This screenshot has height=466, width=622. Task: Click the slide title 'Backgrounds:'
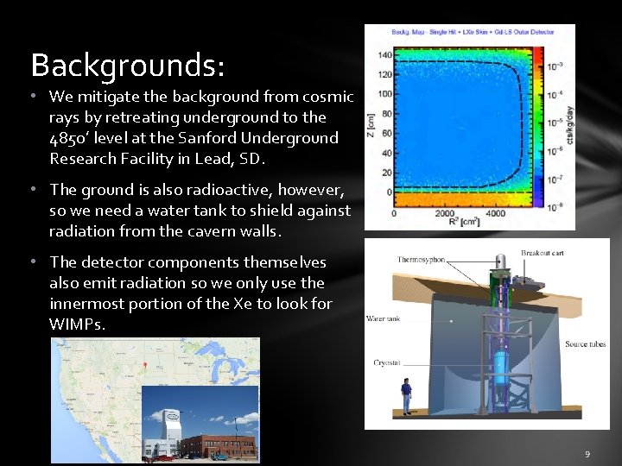[x=128, y=65]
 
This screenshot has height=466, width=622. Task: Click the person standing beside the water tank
[x=405, y=397]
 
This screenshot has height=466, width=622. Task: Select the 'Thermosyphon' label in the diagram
[x=421, y=260]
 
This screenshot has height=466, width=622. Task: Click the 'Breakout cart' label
[x=543, y=253]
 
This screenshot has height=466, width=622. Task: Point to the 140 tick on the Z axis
[x=385, y=55]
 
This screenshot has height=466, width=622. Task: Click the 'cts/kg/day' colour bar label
[x=568, y=123]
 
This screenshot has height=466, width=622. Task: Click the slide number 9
[x=587, y=453]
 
